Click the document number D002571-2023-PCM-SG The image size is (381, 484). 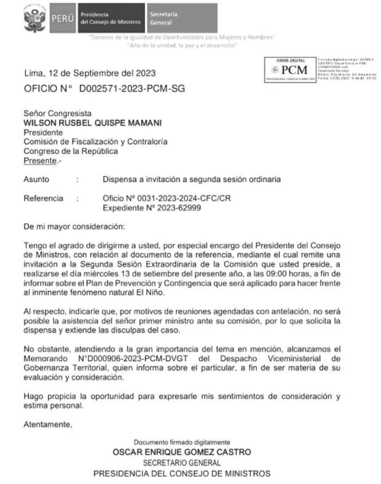132,89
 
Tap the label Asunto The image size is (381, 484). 36,180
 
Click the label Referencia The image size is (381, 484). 43,199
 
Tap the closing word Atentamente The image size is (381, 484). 47,424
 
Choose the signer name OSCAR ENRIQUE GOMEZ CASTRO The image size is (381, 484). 182,451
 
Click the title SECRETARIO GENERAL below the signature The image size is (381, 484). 182,462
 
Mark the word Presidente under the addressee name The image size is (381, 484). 43,132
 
